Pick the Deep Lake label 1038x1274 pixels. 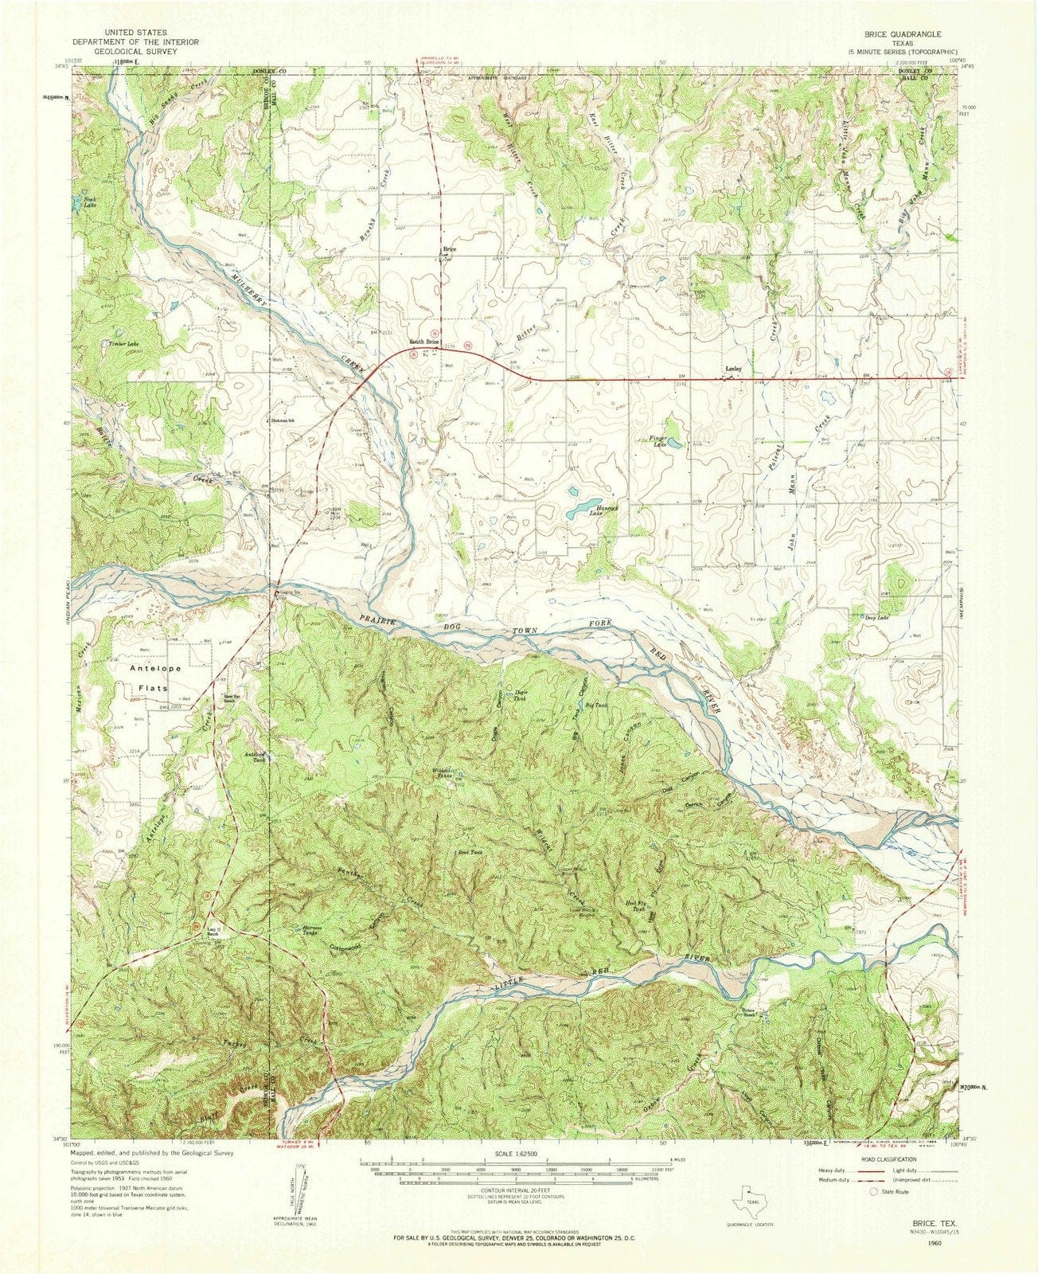(870, 617)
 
